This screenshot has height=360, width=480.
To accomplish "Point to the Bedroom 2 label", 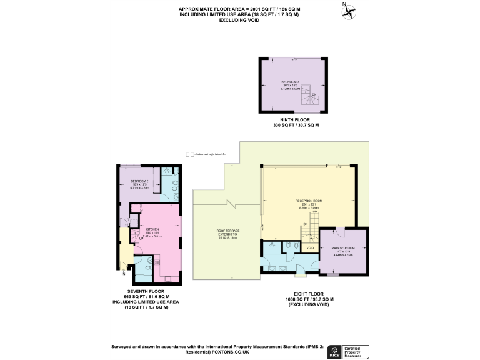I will click(139, 183).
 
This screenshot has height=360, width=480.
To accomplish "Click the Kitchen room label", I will click(152, 229).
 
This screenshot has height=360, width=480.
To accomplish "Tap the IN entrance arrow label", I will click(123, 274).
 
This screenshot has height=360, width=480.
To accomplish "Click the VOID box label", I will click(309, 248).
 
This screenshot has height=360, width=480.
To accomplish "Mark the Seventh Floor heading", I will click(145, 291).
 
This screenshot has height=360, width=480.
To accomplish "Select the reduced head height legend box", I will click(189, 154).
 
